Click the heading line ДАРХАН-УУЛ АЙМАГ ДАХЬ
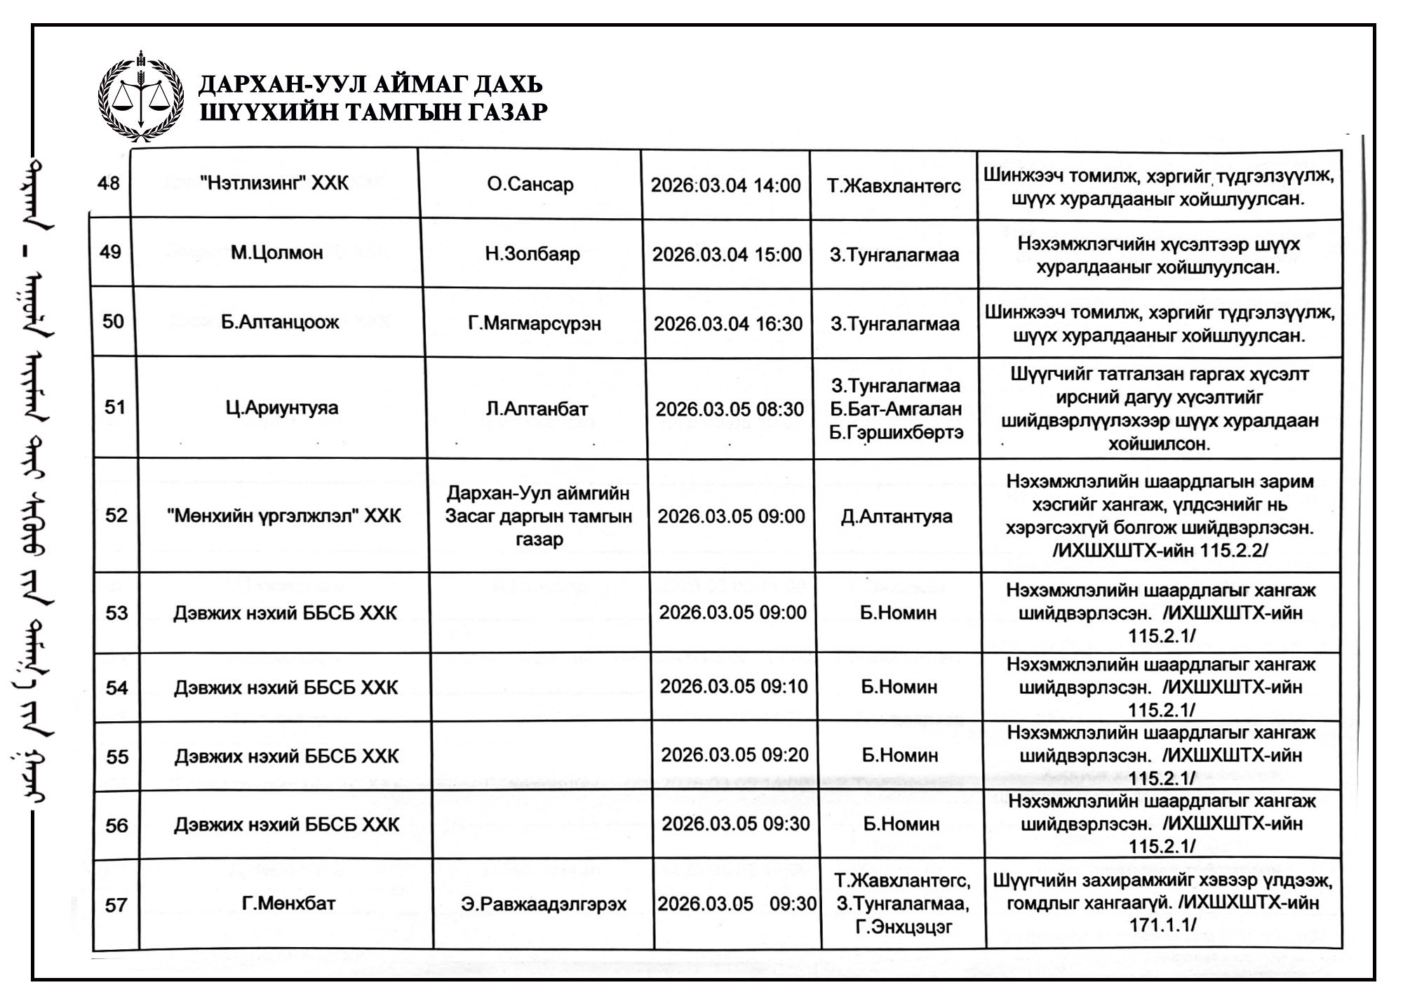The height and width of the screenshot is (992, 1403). pyautogui.click(x=370, y=84)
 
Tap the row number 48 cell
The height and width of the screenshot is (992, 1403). pyautogui.click(x=109, y=183)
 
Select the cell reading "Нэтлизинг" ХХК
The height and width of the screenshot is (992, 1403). pyautogui.click(x=274, y=183)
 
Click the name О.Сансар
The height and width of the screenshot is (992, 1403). pyautogui.click(x=530, y=185)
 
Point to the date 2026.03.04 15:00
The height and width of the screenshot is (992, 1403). pyautogui.click(x=727, y=254)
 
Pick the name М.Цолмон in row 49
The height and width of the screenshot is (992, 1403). pyautogui.click(x=277, y=253)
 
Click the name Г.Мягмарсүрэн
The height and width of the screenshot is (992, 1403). pyautogui.click(x=535, y=323)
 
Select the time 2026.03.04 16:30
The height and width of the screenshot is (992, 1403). pyautogui.click(x=728, y=323)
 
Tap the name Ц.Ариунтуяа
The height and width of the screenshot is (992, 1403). pyautogui.click(x=282, y=408)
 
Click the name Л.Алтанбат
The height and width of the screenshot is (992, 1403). pyautogui.click(x=537, y=409)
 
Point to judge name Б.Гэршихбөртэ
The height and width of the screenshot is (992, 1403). pyautogui.click(x=896, y=433)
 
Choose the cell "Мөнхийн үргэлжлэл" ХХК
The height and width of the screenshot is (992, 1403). pyautogui.click(x=284, y=516)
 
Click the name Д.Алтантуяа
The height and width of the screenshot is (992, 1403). pyautogui.click(x=897, y=517)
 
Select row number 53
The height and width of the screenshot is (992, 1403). pyautogui.click(x=116, y=613)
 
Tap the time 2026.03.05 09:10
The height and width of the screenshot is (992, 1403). pyautogui.click(x=734, y=685)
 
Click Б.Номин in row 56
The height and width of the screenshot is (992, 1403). pyautogui.click(x=901, y=824)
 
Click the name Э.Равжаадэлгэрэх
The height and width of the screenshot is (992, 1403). pyautogui.click(x=544, y=904)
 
